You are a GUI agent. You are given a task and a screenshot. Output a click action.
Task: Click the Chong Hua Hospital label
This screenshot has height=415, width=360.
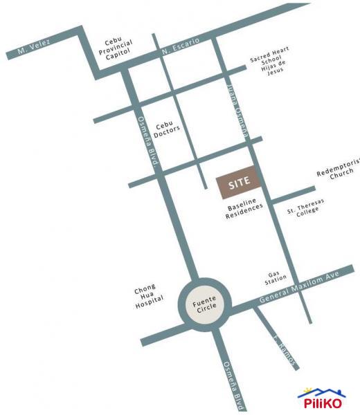click(150, 293)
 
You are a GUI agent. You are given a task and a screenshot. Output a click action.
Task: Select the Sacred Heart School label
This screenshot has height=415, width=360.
click(270, 58)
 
